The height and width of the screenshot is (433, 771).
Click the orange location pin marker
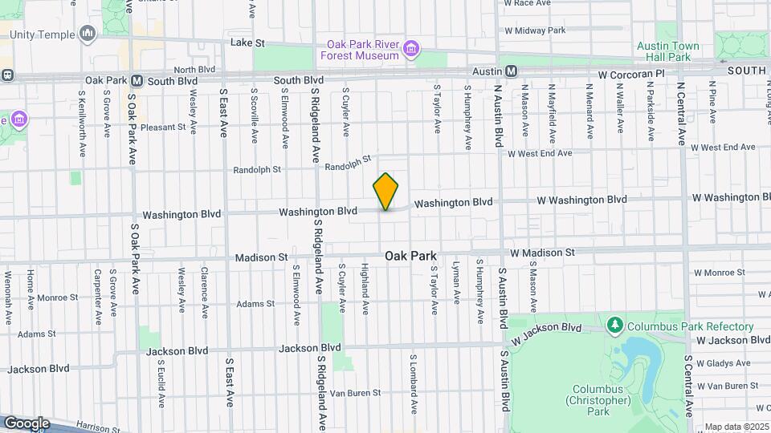pyautogui.click(x=385, y=192)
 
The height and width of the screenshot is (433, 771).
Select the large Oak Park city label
pyautogui.click(x=410, y=256)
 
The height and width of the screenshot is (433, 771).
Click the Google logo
pyautogui.click(x=26, y=423)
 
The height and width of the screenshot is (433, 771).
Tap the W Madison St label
pyautogui.click(x=542, y=253)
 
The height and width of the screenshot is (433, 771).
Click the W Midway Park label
pyautogui.click(x=535, y=30)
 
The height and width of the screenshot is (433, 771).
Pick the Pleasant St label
pyautogui.click(x=162, y=127)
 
